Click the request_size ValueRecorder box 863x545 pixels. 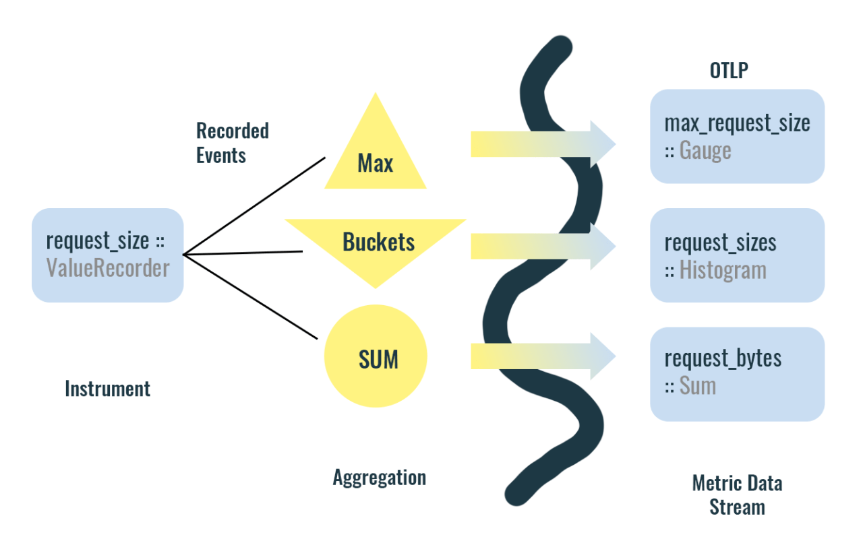pyautogui.click(x=108, y=255)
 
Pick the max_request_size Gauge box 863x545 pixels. pyautogui.click(x=737, y=136)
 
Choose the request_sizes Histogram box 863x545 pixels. pyautogui.click(x=737, y=255)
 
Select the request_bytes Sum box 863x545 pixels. pyautogui.click(x=737, y=374)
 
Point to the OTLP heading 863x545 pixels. pyautogui.click(x=729, y=70)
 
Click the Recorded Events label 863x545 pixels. pyautogui.click(x=232, y=143)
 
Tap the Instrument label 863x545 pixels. pyautogui.click(x=107, y=389)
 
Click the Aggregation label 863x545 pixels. pyautogui.click(x=379, y=478)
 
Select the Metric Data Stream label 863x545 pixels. pyautogui.click(x=737, y=494)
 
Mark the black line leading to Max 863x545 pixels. pyautogui.click(x=254, y=206)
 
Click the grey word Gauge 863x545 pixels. pyautogui.click(x=705, y=150)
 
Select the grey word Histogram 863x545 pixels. pyautogui.click(x=723, y=270)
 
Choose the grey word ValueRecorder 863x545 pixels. pyautogui.click(x=108, y=268)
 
